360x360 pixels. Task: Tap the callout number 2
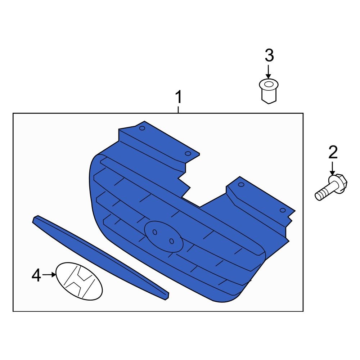click(333, 152)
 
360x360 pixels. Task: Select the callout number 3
click(269, 55)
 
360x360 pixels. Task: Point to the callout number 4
click(36, 275)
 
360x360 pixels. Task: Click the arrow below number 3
click(268, 72)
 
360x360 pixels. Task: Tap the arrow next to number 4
click(49, 274)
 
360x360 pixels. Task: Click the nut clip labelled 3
click(269, 91)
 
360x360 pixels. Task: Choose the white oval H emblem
click(79, 281)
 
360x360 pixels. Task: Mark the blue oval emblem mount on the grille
click(164, 237)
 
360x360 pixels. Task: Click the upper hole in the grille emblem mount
click(155, 232)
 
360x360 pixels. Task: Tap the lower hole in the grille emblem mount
click(171, 241)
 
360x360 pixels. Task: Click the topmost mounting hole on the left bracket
click(142, 128)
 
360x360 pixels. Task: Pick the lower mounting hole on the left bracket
click(188, 153)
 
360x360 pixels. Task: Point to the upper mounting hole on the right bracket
click(241, 185)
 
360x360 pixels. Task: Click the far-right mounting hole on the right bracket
click(283, 210)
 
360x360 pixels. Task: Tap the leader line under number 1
click(178, 109)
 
